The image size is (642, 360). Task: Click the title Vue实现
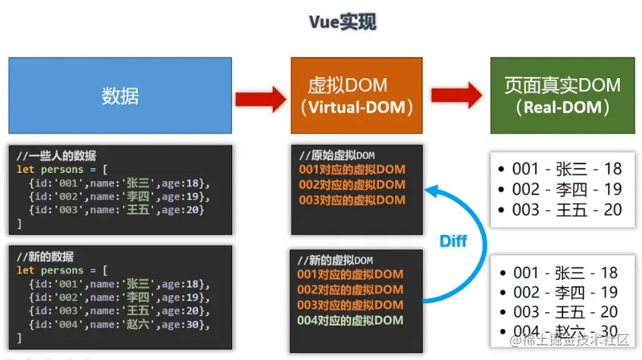343,22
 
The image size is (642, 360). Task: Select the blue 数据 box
120,95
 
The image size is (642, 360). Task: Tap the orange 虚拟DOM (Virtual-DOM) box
356,95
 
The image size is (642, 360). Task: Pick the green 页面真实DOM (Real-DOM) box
562,95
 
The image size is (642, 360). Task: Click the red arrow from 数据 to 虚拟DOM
261,99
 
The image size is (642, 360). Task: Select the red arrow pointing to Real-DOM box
456,95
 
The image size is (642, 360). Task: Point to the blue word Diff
453,241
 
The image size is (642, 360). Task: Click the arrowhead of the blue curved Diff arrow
431,190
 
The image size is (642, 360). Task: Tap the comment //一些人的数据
56,155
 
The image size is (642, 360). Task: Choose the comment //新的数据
45,257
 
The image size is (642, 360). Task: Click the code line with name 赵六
119,324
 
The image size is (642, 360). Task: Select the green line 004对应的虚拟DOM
350,321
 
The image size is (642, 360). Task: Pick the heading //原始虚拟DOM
337,155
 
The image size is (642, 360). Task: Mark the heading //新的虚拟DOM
335,260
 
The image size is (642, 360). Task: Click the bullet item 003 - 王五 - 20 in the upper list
560,210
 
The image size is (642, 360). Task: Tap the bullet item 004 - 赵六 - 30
558,331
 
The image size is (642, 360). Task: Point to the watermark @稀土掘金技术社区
569,340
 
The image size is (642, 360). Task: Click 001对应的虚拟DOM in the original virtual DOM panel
352,169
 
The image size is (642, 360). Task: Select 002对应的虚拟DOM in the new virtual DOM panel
350,290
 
